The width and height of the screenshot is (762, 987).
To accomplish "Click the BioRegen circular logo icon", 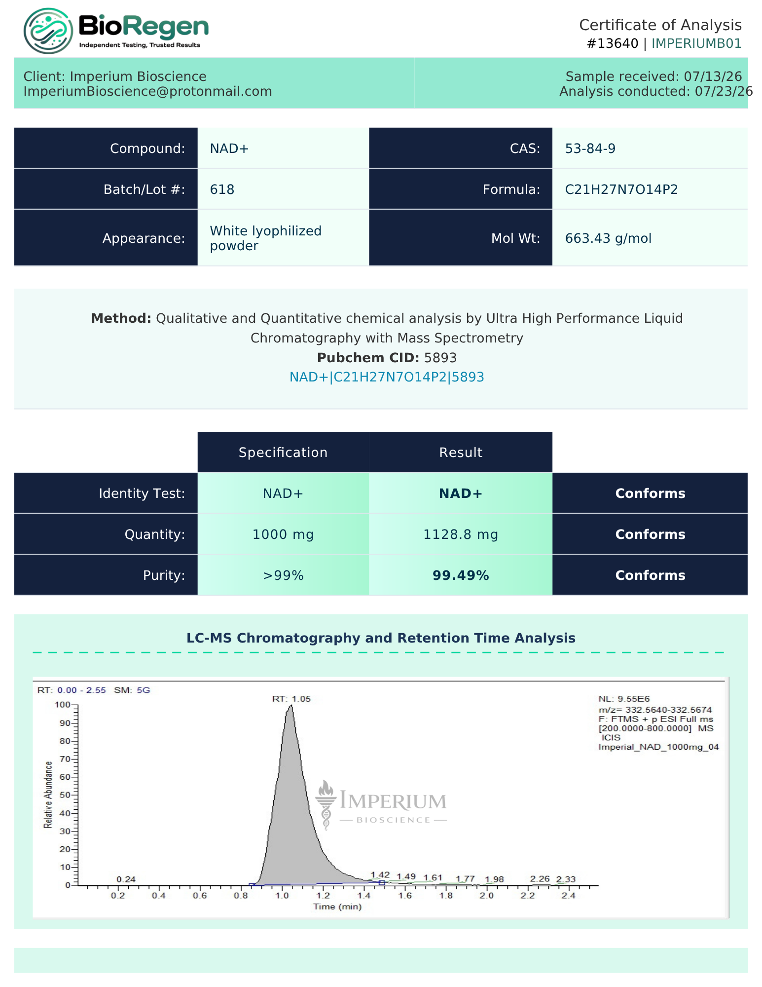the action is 48,31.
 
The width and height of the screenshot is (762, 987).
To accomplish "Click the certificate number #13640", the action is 613,43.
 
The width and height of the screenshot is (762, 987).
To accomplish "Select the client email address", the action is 148,91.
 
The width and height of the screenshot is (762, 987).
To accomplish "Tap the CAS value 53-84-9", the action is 590,149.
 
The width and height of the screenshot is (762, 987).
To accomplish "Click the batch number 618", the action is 222,190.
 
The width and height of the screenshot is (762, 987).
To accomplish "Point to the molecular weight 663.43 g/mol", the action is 608,238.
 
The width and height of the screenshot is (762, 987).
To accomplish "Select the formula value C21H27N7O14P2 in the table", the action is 621,190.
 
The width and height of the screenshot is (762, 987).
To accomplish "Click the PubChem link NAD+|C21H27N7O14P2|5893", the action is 387,377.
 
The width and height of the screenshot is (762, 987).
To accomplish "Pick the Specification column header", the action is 283,453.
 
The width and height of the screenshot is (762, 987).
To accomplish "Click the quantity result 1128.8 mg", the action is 461,534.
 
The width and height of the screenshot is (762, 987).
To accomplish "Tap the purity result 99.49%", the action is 461,575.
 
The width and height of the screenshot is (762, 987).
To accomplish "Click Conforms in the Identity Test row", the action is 650,493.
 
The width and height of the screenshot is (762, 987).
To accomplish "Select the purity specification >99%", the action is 283,575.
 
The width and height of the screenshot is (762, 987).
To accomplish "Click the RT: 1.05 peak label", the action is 291,699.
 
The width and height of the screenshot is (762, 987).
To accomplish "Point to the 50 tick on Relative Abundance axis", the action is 65,795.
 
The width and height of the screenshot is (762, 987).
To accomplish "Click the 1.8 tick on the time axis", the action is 446,896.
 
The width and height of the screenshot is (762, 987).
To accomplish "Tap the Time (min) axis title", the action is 337,907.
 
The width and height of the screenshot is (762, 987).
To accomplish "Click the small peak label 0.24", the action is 126,879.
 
